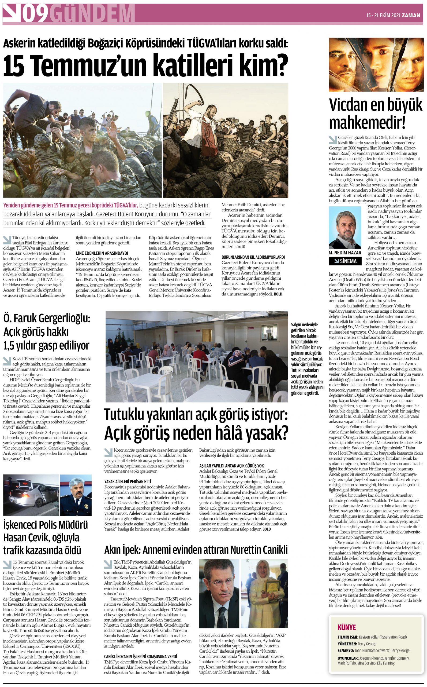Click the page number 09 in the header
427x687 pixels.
click(x=35, y=13)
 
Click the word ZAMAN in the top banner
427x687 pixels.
click(x=412, y=16)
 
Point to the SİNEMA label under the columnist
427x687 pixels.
click(x=345, y=261)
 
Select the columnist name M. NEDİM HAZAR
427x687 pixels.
click(x=345, y=253)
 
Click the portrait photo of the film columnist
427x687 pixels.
click(x=345, y=228)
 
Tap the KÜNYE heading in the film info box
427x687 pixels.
click(x=347, y=627)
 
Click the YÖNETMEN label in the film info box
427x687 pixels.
click(x=347, y=644)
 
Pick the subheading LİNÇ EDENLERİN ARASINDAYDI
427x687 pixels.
click(x=102, y=253)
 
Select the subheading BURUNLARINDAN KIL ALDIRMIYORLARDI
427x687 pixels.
click(x=253, y=257)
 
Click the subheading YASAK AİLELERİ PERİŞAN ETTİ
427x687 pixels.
click(x=128, y=481)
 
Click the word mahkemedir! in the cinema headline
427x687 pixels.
click(x=367, y=122)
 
